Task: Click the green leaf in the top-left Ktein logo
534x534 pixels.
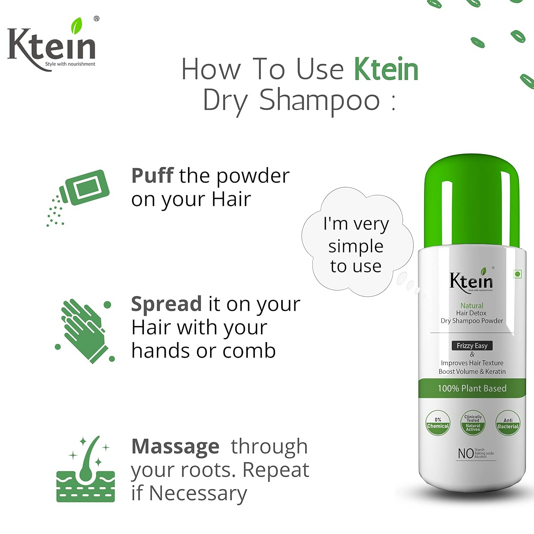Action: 76,26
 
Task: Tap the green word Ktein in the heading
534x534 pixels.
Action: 386,69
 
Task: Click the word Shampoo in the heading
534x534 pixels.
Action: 319,101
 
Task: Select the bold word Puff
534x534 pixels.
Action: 152,176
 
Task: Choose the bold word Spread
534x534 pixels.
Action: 166,304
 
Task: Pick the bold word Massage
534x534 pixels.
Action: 175,446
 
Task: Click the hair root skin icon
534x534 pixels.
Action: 85,470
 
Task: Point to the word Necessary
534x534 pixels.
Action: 198,493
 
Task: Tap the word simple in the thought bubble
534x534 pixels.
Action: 356,246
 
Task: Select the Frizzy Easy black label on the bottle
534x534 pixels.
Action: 472,346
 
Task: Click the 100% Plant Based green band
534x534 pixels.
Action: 472,388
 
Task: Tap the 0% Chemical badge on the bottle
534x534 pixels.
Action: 438,423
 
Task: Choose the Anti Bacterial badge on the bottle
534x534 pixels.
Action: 508,423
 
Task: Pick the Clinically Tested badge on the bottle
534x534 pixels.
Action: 473,423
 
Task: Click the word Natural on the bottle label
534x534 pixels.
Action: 472,305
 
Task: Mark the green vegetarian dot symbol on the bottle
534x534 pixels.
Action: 518,274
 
